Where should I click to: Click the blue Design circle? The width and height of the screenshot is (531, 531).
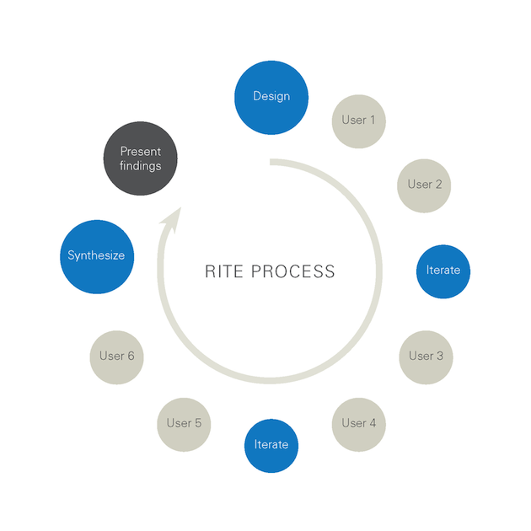271,96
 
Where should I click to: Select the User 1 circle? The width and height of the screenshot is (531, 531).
359,121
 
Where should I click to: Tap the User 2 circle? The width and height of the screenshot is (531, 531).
424,185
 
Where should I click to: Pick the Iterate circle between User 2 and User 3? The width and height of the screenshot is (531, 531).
443,271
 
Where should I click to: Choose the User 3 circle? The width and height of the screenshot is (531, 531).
426,356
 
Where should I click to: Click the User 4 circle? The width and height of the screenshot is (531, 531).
359,423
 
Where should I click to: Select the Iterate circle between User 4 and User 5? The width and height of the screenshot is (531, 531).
271,444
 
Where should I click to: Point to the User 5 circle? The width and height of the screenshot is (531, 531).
184,423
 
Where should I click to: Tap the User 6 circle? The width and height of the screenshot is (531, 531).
116,357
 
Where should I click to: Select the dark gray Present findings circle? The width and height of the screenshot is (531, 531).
140,158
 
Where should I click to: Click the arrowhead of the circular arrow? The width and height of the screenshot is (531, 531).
172,218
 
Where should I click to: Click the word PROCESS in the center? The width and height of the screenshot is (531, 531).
296,271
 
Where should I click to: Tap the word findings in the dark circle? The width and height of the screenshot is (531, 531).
140,166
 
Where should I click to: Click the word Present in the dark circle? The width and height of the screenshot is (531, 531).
140,152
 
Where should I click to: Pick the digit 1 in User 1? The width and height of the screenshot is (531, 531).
373,120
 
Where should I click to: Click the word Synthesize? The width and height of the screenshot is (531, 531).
96,255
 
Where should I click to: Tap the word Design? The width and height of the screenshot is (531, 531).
271,96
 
